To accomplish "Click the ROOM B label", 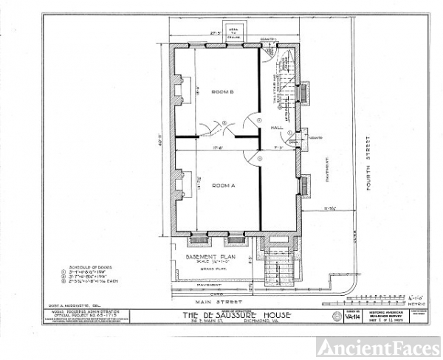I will click(221, 92).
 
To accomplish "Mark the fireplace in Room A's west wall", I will click(178, 184).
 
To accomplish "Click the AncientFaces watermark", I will click(379, 347).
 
